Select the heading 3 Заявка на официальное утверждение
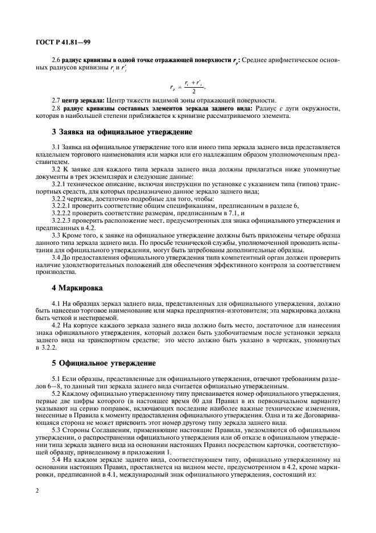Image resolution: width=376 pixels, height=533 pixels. [x=122, y=132]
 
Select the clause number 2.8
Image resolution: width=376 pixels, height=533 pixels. [x=56, y=108]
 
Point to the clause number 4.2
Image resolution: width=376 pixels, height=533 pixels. [x=56, y=326]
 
